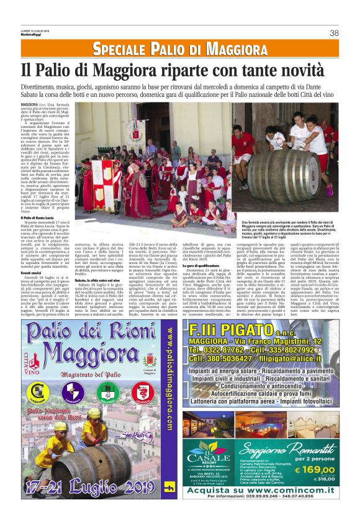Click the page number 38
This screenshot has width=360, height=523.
pyautogui.click(x=334, y=33)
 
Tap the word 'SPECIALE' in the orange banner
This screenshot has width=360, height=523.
pyautogui.click(x=128, y=49)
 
